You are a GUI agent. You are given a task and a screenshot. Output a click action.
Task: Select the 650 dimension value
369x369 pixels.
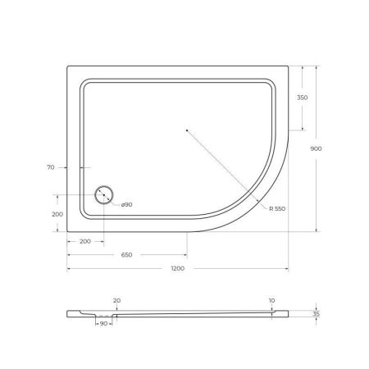coord(127,255)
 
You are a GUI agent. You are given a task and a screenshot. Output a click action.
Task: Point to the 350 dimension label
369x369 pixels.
coord(303,98)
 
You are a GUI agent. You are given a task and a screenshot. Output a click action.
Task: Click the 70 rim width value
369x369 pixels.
coord(50,167)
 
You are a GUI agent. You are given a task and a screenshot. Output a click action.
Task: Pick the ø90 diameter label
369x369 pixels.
coord(128,203)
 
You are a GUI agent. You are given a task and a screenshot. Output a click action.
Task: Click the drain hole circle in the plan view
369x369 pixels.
coord(104,195)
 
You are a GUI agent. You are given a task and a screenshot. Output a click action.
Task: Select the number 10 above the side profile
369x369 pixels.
coord(271,301)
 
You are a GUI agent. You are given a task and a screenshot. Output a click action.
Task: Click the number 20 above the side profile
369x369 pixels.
coord(116,301)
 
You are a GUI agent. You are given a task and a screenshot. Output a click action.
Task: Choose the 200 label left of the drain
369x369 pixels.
coord(57,214)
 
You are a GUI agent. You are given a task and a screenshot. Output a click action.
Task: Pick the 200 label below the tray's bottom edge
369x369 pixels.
coord(85,242)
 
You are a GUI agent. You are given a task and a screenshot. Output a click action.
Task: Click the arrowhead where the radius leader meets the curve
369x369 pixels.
coord(260,202)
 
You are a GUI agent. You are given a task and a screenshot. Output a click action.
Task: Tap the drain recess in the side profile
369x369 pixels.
coord(104,316)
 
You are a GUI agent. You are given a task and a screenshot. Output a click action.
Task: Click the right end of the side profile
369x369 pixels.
coord(289,313)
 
